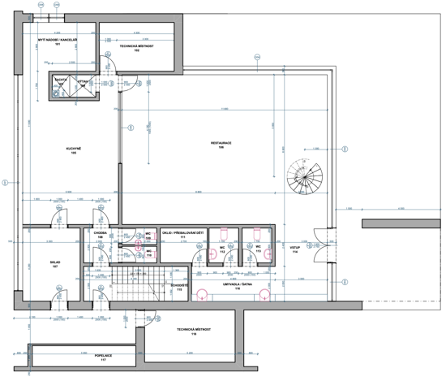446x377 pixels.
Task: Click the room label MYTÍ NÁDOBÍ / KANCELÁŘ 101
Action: (x=58, y=41)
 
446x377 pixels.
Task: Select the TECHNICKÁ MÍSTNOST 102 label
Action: (x=136, y=49)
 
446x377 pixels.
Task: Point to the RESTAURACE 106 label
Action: (x=221, y=145)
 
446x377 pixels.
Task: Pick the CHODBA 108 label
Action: (x=101, y=236)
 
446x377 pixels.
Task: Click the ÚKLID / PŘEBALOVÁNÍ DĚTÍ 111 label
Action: (x=184, y=236)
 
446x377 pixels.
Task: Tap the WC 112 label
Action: (x=221, y=250)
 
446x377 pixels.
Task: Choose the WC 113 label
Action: (x=258, y=250)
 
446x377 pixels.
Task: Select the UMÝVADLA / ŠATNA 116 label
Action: (x=237, y=288)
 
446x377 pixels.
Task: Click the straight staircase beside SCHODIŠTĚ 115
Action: (x=136, y=287)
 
